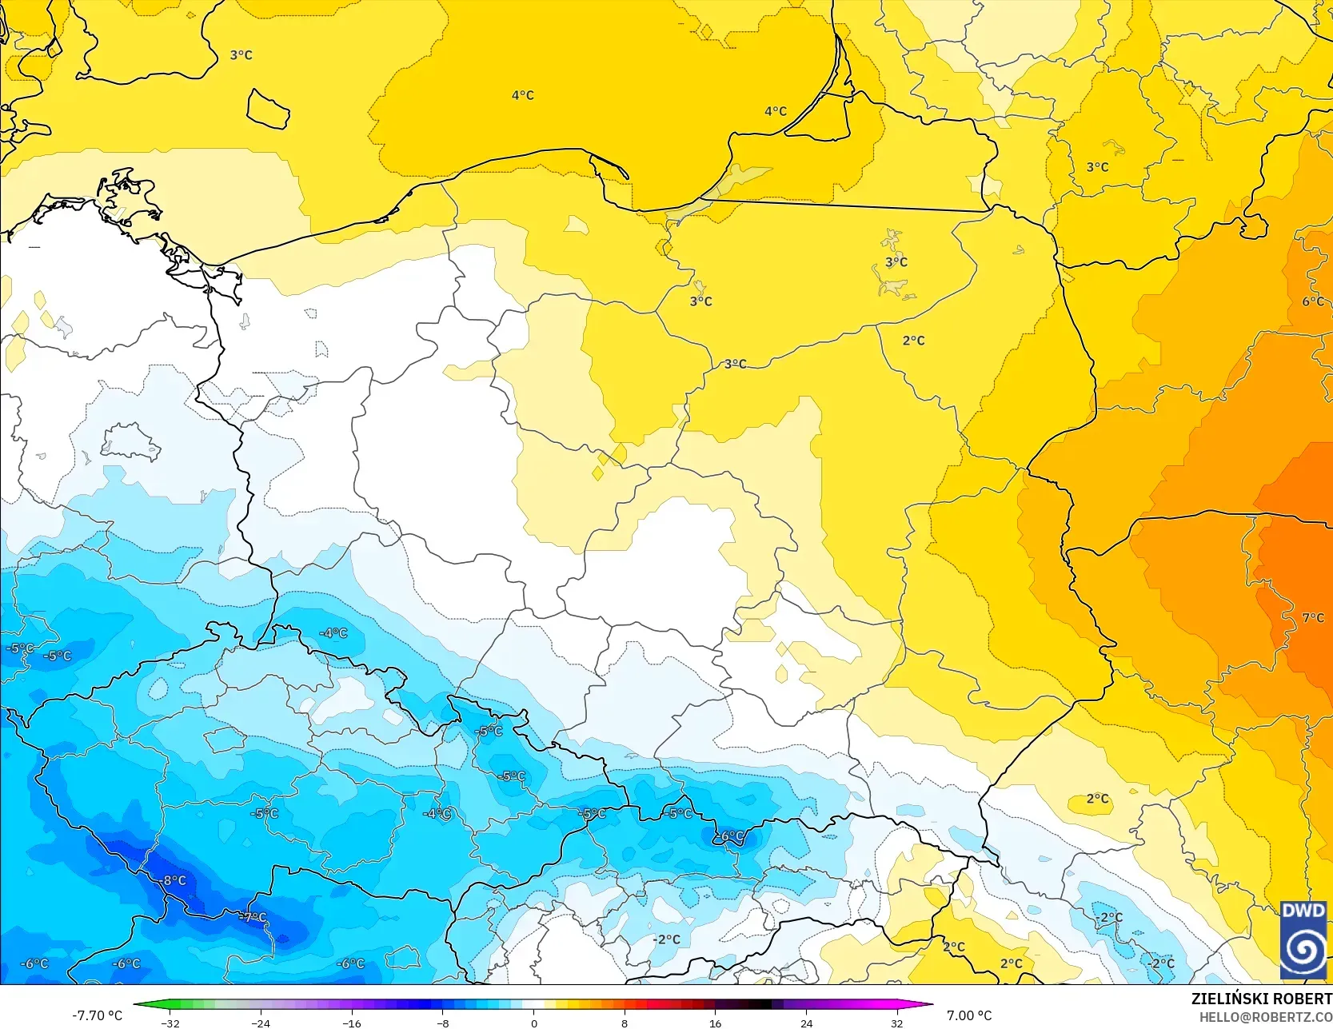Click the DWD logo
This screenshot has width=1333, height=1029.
pyautogui.click(x=1303, y=939)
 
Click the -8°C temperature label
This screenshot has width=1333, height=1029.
pyautogui.click(x=174, y=880)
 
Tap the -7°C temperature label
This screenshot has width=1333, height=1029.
pyautogui.click(x=253, y=917)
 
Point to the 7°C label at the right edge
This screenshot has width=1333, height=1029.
pyautogui.click(x=1313, y=617)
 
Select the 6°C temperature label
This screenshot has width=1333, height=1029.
pyautogui.click(x=1313, y=301)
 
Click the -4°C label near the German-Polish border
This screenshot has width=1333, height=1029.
pyautogui.click(x=333, y=632)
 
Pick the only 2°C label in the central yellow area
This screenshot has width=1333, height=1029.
pyautogui.click(x=913, y=341)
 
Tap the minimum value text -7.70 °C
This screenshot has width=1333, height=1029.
pyautogui.click(x=97, y=1015)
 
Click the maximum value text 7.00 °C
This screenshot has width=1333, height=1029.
pyautogui.click(x=969, y=1015)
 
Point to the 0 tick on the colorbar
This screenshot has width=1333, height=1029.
pyautogui.click(x=533, y=1023)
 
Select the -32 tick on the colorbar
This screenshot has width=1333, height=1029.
pyautogui.click(x=170, y=1023)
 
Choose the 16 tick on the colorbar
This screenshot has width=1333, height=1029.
pyautogui.click(x=715, y=1023)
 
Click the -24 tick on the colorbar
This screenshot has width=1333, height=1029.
pyautogui.click(x=261, y=1023)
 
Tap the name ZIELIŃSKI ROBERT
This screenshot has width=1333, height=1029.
pyautogui.click(x=1261, y=999)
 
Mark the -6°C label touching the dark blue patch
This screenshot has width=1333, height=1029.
pyautogui.click(x=729, y=836)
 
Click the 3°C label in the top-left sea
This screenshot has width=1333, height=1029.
pyautogui.click(x=241, y=55)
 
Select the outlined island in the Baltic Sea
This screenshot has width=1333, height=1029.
pyautogui.click(x=268, y=109)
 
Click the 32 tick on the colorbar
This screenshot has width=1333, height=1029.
pyautogui.click(x=896, y=1023)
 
